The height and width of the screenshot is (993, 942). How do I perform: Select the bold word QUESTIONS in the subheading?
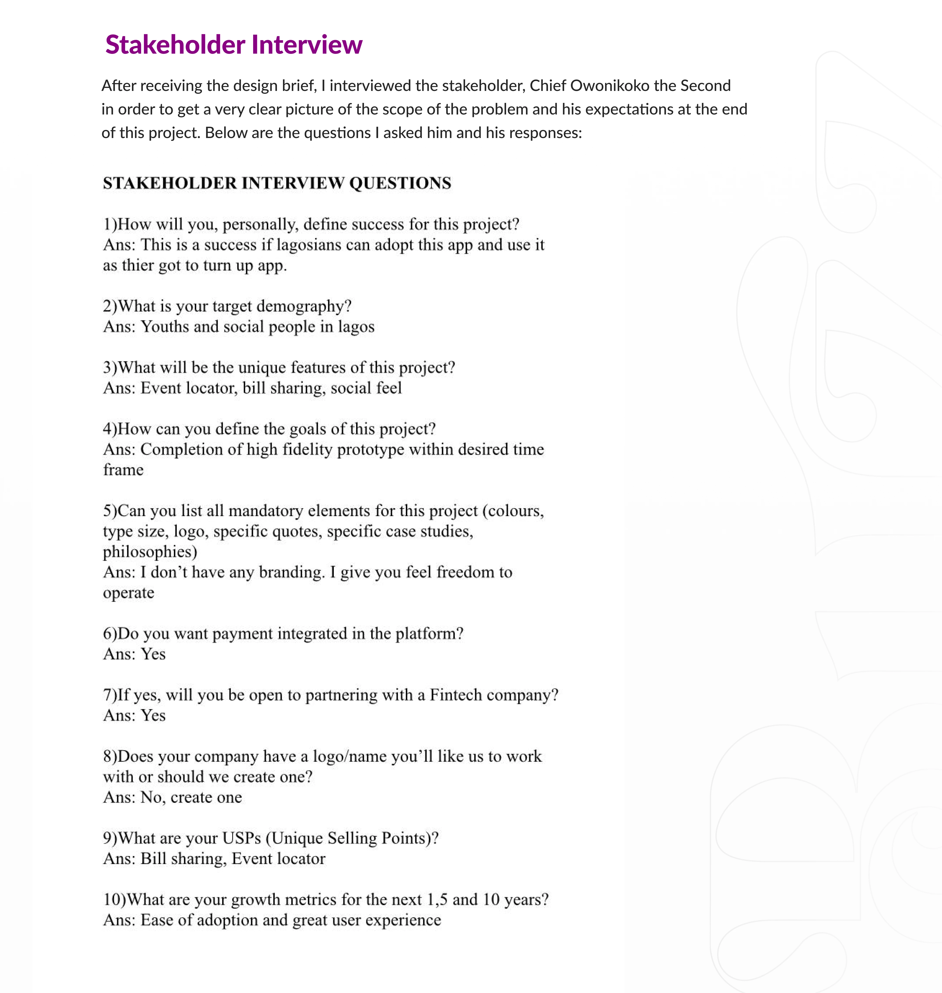(400, 183)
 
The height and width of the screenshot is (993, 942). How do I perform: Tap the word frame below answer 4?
(123, 470)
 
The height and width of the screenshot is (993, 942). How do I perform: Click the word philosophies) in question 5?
(150, 552)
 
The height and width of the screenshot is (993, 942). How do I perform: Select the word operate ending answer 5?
(129, 593)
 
